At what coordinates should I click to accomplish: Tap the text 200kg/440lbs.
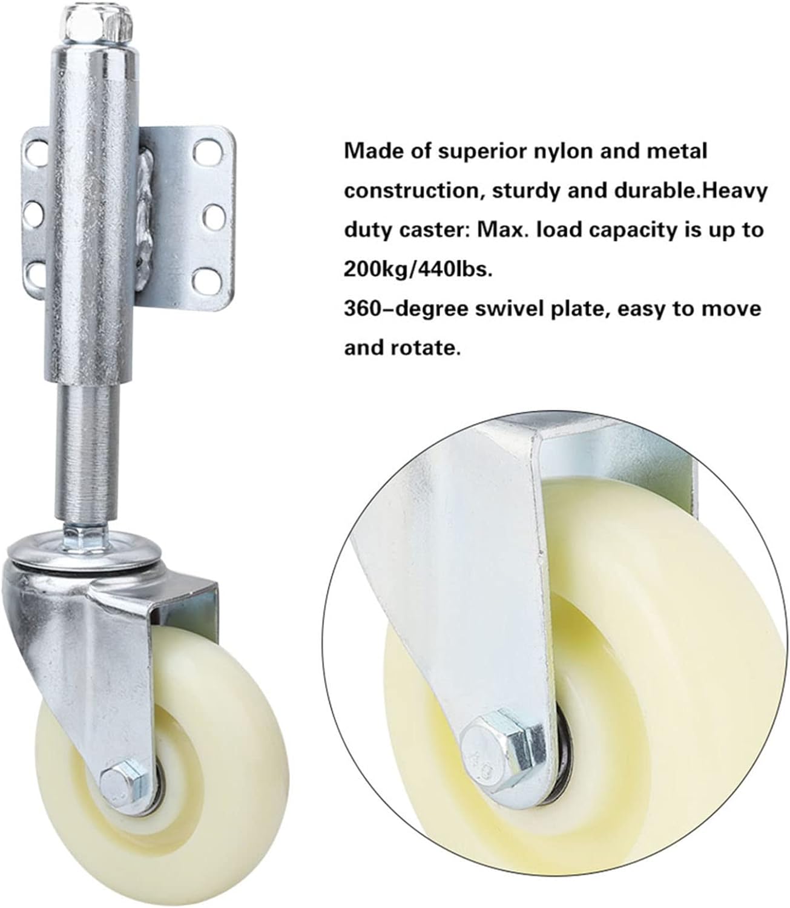point(418,270)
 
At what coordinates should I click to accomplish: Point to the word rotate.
point(426,349)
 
